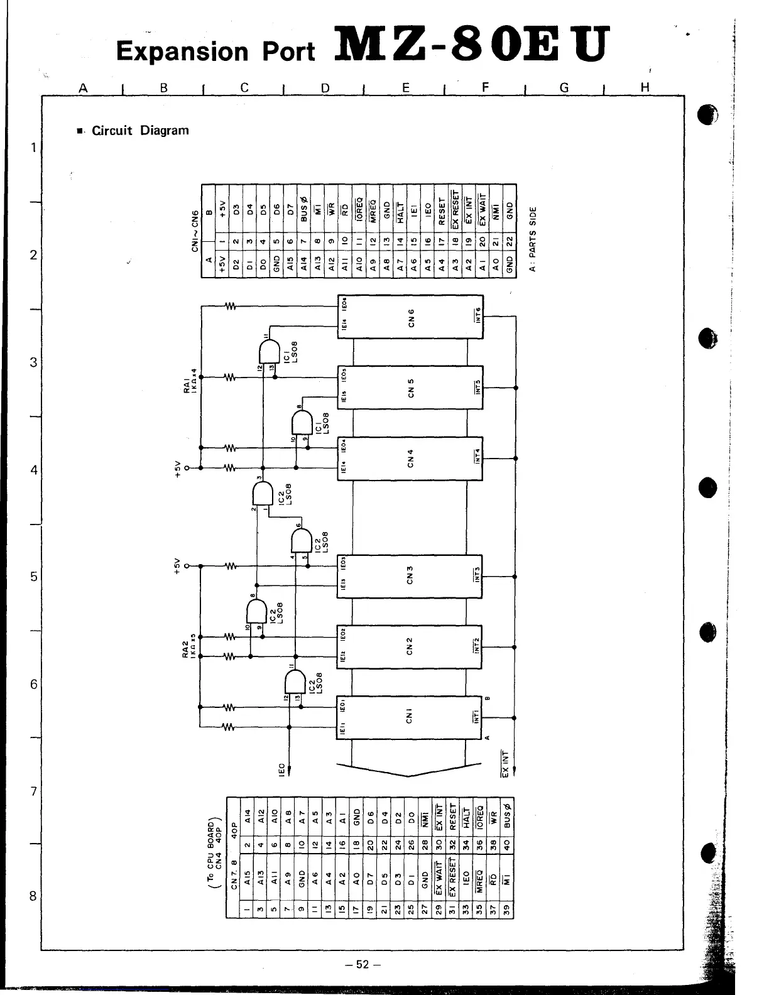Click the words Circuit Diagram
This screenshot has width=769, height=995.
click(140, 131)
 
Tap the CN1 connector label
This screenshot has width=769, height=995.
click(410, 716)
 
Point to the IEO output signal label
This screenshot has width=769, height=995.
click(282, 768)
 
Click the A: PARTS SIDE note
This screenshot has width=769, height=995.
click(533, 239)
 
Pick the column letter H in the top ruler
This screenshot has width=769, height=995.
click(644, 88)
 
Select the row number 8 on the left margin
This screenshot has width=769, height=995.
click(33, 896)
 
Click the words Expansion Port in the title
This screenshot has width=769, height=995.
click(215, 52)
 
